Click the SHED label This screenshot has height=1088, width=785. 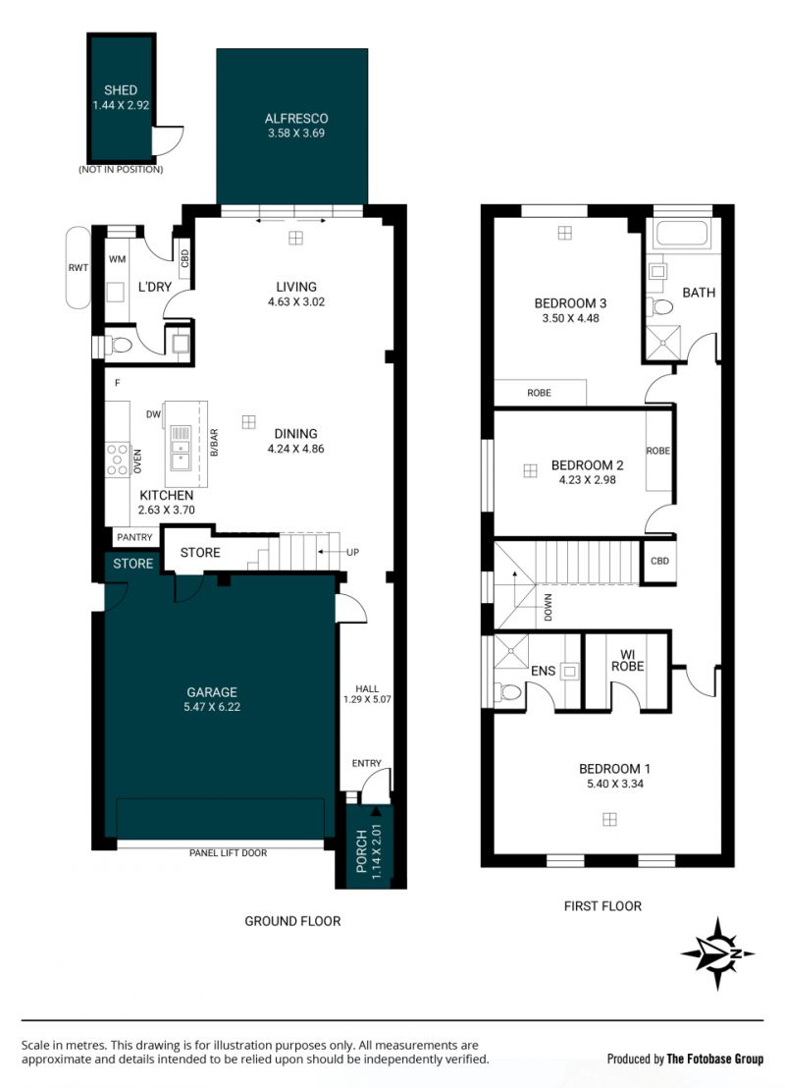point(121,90)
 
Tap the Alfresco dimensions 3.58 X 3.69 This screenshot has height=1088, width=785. point(296,134)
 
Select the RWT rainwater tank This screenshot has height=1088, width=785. point(78,267)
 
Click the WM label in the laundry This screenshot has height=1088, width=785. point(117,259)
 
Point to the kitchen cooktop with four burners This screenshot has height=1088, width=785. point(117,460)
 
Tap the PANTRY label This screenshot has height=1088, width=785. point(134,537)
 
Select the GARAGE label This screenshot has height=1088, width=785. point(212,692)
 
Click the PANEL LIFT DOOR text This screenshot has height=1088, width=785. point(229,852)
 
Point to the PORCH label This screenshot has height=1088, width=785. point(361,850)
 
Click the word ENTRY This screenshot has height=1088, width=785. point(366,763)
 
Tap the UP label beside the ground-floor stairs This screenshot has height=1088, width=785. point(352,552)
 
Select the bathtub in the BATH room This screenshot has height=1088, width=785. point(682,233)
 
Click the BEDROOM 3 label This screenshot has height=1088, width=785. point(570,303)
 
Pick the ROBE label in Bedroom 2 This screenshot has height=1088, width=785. point(658,451)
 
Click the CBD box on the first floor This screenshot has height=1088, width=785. point(658,561)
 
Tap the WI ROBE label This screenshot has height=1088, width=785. point(628,660)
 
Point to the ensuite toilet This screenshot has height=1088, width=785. point(509,692)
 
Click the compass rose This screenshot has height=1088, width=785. point(717,953)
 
